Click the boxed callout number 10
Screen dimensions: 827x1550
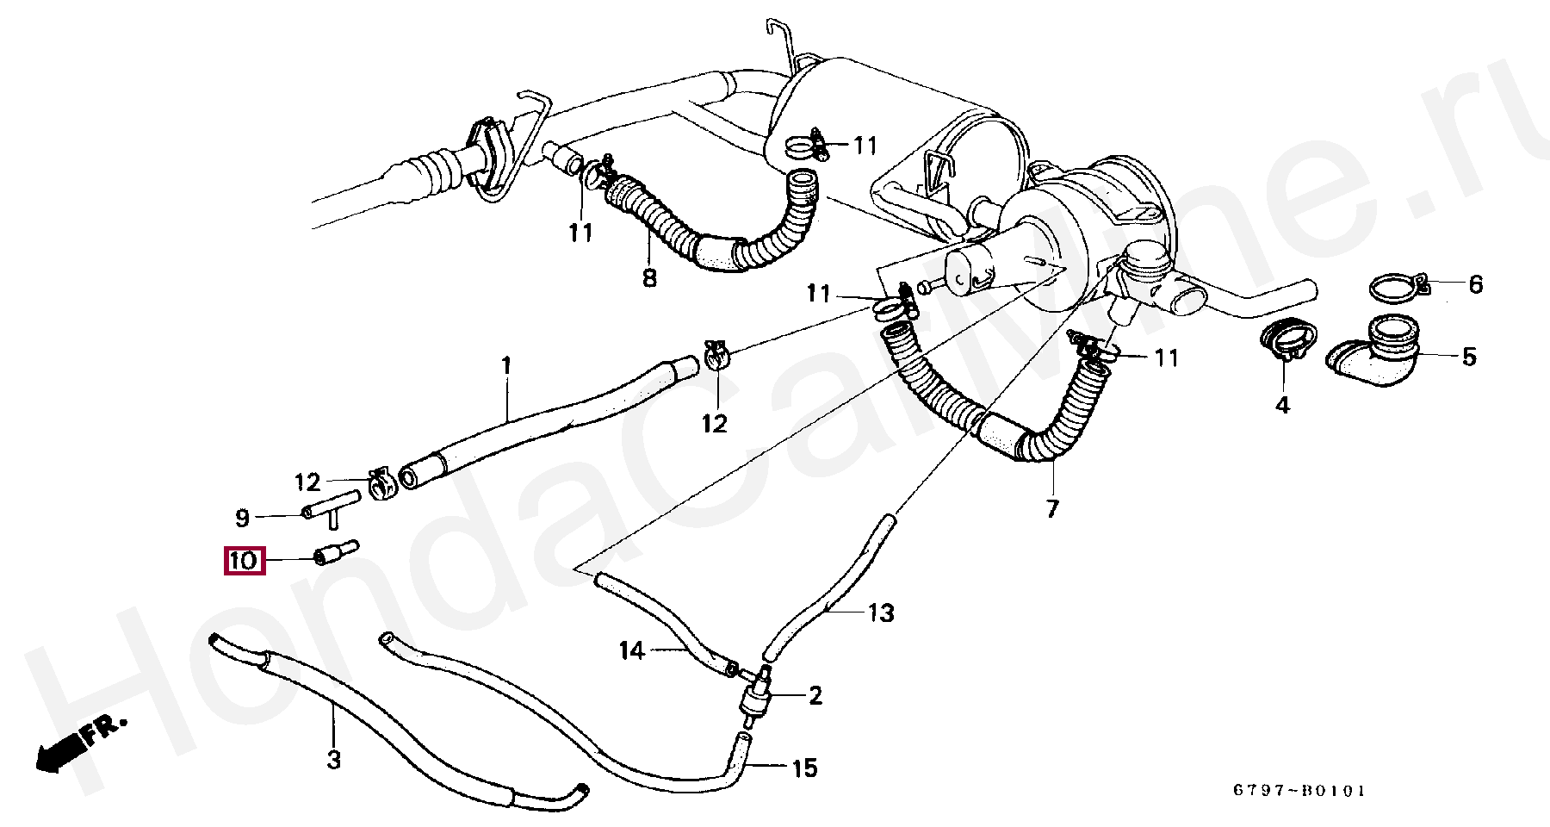click(243, 561)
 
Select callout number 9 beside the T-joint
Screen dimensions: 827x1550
click(243, 518)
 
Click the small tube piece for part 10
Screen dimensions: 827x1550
click(336, 553)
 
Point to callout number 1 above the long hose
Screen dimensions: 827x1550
click(506, 366)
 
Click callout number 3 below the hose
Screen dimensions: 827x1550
click(333, 760)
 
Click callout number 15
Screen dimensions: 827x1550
click(803, 768)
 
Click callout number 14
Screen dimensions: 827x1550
click(632, 650)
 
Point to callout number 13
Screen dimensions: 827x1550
click(881, 613)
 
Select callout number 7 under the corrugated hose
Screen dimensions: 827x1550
click(1052, 508)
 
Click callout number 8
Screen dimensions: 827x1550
click(649, 278)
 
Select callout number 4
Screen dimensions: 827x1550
click(1282, 405)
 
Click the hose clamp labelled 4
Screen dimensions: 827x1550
click(1287, 339)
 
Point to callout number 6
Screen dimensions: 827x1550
click(1476, 284)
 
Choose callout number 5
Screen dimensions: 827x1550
click(1469, 356)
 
